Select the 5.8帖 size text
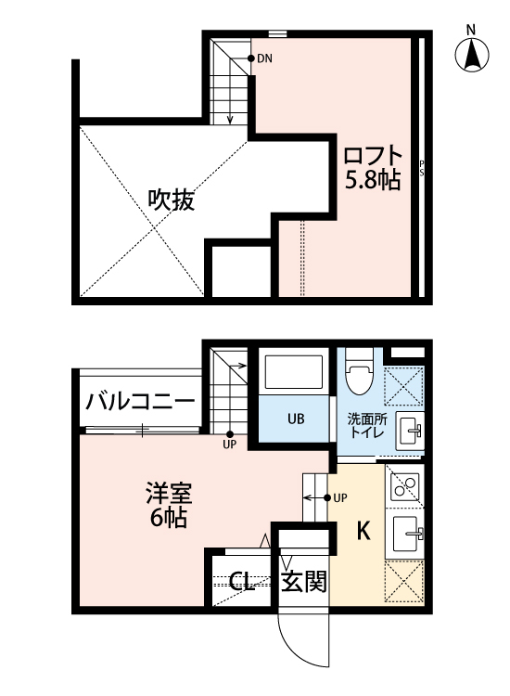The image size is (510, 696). tap(373, 180)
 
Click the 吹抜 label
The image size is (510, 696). tap(172, 200)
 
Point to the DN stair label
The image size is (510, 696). tap(264, 59)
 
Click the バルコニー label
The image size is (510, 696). tap(140, 402)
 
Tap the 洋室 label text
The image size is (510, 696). tap(166, 490)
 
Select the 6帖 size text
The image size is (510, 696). tap(166, 518)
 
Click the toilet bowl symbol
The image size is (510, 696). tap(358, 377)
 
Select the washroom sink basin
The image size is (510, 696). tap(409, 431)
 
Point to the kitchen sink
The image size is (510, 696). tap(406, 535)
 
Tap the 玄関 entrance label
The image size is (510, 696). tap(304, 582)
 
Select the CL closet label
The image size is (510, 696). tap(242, 582)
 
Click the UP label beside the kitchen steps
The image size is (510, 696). tap(340, 498)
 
